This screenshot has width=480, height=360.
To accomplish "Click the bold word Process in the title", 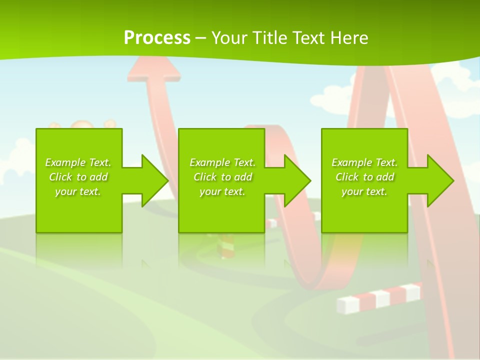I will tap(157, 38).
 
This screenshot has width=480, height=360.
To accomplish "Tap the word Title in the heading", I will tap(269, 38).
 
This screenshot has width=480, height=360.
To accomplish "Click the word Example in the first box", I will tap(65, 162).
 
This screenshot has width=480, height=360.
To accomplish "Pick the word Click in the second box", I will tap(205, 177).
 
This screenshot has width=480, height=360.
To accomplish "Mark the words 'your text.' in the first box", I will tap(78, 191).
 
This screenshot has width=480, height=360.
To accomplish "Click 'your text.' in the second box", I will tap(222, 191).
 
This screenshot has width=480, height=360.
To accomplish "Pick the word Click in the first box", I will tap(60, 177).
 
